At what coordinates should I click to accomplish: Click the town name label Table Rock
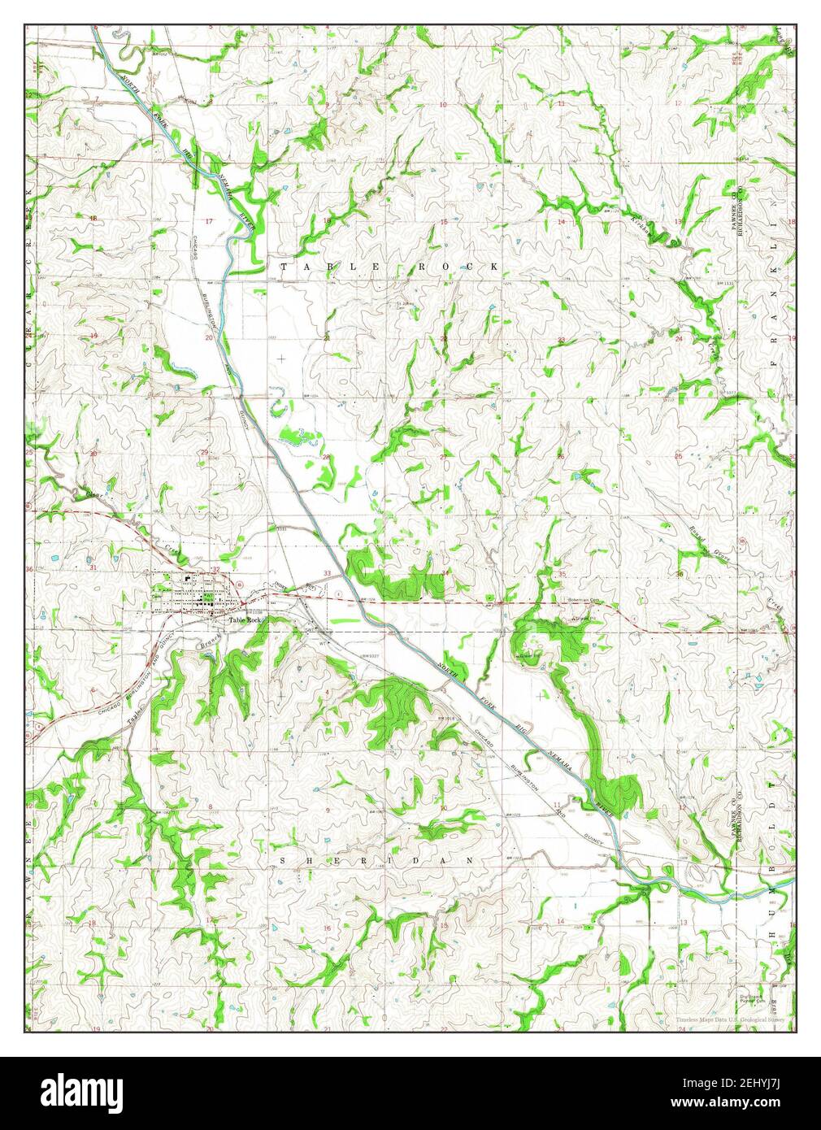pos(245,620)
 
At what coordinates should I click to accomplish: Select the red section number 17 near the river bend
pos(210,222)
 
